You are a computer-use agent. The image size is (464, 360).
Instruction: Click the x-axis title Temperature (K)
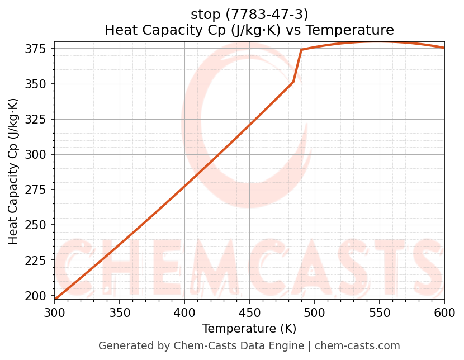click(x=249, y=329)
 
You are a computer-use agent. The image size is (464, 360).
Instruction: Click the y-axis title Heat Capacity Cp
click(x=13, y=170)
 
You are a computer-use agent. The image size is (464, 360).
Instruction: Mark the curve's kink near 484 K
click(x=293, y=82)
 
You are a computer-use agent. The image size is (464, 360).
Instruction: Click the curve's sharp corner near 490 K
click(x=301, y=50)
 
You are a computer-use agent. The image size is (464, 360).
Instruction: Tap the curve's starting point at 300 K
click(x=55, y=299)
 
